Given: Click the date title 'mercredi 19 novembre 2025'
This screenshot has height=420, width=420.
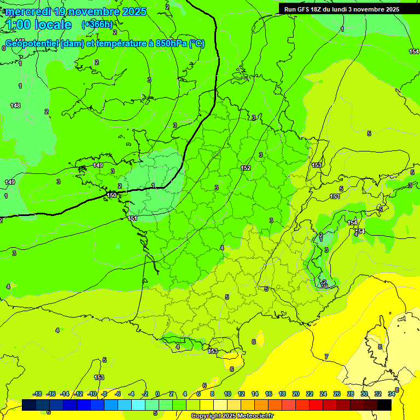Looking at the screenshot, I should click(x=76, y=11).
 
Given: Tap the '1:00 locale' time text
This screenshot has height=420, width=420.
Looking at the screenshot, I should click(x=39, y=25).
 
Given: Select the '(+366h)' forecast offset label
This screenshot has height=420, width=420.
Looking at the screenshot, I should click(x=97, y=25).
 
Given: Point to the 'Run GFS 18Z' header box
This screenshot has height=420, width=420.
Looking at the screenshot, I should click(x=342, y=9).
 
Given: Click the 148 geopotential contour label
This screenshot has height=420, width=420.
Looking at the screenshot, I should click(x=15, y=106).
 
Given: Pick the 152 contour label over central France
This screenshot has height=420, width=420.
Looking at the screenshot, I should click(x=246, y=168).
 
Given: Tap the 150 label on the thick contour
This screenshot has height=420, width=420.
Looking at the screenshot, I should click(x=112, y=195).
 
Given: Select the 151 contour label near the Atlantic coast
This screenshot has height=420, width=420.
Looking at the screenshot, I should click(x=132, y=219).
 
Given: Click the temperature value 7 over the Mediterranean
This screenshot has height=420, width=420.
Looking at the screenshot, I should click(x=326, y=357).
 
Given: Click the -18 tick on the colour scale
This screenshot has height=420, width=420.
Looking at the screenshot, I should click(x=37, y=394).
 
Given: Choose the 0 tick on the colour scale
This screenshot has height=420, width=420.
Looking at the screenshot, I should click(x=157, y=394).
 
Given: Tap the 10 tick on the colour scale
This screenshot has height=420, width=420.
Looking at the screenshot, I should click(x=227, y=394).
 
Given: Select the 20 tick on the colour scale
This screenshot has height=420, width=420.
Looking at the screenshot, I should click(x=296, y=394).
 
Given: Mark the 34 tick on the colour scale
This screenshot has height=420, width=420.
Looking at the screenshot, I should click(x=392, y=394).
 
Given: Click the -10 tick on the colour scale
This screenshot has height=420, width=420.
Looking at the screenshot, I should click(x=92, y=394).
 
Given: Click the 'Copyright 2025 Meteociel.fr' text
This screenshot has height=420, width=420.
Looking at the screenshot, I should click(x=232, y=416).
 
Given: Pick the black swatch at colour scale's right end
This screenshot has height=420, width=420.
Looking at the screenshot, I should click(x=384, y=405).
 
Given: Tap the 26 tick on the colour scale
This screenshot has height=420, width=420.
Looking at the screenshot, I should click(x=337, y=394).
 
